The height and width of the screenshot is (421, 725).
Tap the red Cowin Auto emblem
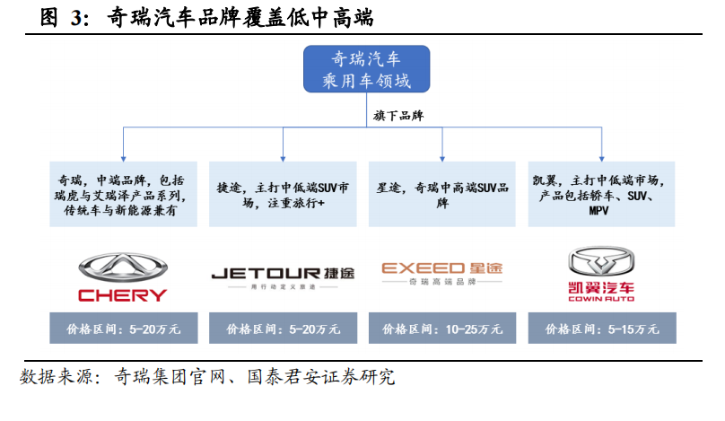tap(602, 261)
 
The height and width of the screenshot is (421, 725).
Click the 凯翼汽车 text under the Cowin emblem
tap(602, 289)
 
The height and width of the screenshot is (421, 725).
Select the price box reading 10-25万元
tap(442, 329)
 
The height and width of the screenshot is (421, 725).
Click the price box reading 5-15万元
tap(602, 329)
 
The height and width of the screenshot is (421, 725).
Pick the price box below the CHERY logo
tap(123, 329)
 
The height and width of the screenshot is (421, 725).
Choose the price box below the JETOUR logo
tap(283, 329)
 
